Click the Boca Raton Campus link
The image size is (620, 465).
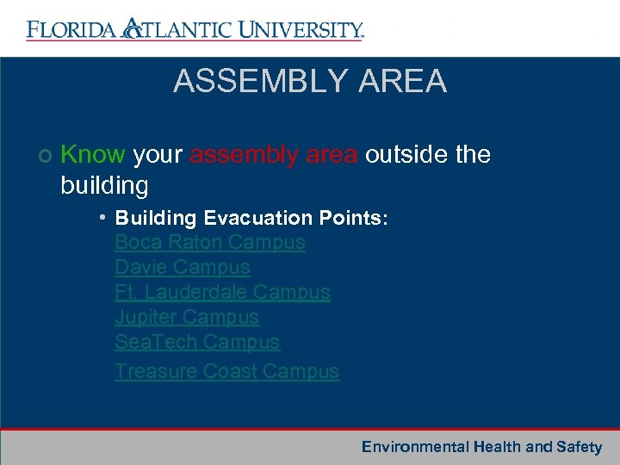[x=209, y=243]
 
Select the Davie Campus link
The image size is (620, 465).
[x=182, y=268]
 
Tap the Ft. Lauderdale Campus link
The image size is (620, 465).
[x=222, y=293]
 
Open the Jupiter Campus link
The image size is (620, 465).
[x=186, y=318]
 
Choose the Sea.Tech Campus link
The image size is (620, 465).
[x=197, y=343]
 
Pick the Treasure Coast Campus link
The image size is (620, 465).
[x=226, y=371]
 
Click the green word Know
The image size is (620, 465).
[x=93, y=155]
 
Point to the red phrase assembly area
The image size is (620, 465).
[x=274, y=155]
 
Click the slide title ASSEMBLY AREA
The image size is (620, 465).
[x=310, y=82]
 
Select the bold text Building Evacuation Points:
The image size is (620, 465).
[x=251, y=218]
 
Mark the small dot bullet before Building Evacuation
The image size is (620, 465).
[x=102, y=216]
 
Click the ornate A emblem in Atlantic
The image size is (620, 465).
[x=133, y=28]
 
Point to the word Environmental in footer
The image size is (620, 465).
[x=414, y=447]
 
